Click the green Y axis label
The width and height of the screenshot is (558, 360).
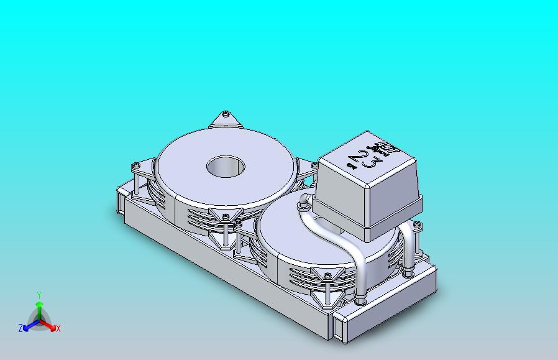[x=39, y=295]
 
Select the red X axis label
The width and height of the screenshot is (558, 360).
[x=58, y=328]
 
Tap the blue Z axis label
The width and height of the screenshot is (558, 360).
[x=20, y=328]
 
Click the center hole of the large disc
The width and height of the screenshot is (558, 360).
[x=226, y=166]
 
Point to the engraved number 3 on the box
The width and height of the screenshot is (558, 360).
[x=373, y=164]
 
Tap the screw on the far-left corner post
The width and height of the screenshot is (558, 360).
[x=136, y=165]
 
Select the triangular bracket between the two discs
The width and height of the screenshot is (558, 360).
[x=226, y=216]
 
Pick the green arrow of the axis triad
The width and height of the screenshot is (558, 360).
[x=39, y=308]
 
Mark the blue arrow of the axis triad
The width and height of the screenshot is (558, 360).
[x=29, y=325]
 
